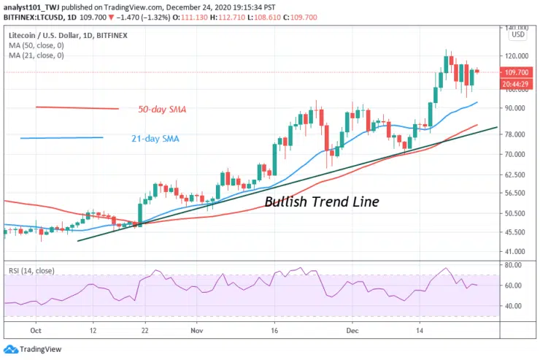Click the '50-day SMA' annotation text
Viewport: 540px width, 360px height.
162,110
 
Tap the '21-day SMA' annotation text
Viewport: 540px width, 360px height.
156,138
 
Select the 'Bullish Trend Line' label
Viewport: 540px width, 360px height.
321,202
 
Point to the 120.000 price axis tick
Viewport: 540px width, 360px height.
516,55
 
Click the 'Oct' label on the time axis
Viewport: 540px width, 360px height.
34,329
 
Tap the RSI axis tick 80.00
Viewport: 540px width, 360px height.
514,265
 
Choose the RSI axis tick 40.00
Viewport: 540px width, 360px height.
514,306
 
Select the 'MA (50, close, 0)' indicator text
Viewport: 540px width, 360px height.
36,45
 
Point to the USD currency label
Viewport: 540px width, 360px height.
518,34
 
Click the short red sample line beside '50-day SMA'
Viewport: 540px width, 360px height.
77,108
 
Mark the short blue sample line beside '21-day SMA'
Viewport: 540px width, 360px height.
62,138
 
